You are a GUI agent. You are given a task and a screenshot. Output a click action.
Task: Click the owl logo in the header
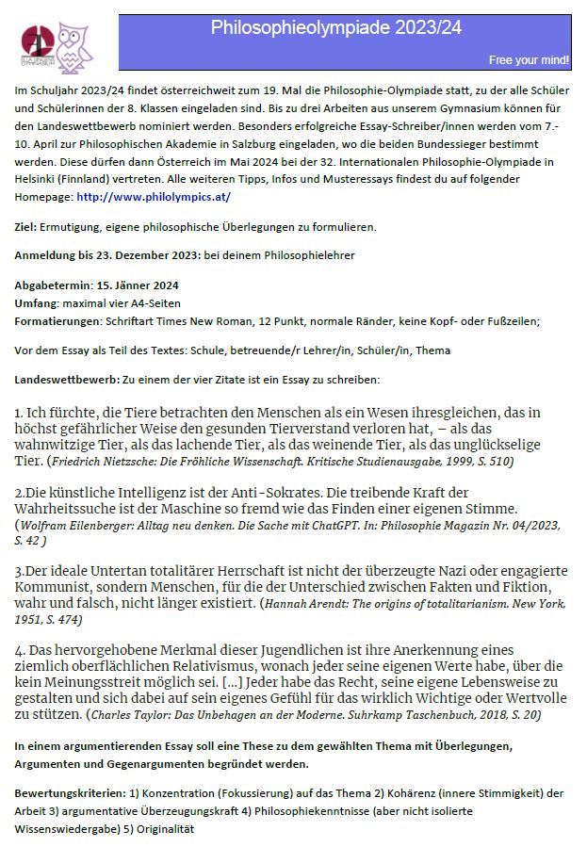tap(72, 46)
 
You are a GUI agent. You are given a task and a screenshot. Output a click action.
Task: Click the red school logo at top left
tap(39, 42)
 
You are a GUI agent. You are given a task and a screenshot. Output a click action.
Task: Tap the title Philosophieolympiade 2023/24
tap(335, 28)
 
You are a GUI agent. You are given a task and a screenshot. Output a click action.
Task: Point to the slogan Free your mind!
tap(529, 60)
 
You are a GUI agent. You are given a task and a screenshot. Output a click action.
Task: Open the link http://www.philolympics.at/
tap(153, 197)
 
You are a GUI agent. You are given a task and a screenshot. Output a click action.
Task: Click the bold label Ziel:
tap(26, 227)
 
